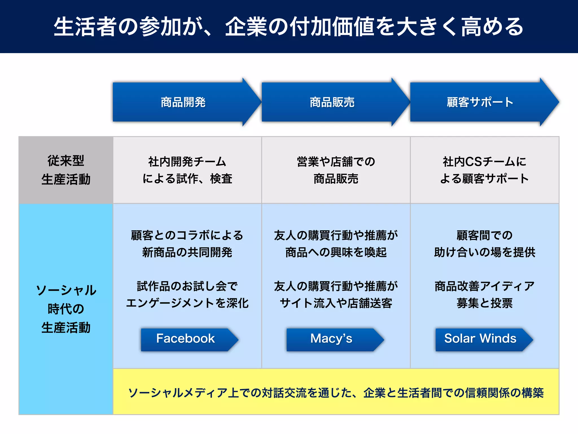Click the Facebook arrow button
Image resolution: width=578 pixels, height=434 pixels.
[x=186, y=339]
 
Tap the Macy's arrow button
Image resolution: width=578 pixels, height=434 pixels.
[x=332, y=339]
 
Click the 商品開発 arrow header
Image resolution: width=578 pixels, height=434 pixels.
[x=183, y=102]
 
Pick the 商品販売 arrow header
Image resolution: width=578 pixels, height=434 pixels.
[x=332, y=102]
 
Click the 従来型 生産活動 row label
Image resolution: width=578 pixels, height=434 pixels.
[x=66, y=170]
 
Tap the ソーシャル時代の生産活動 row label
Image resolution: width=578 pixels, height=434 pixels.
[x=66, y=309]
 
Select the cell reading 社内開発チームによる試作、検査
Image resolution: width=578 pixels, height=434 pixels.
[x=187, y=170]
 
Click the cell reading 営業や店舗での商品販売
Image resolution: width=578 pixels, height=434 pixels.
[x=336, y=170]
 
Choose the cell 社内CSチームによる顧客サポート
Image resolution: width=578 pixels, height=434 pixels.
[x=485, y=170]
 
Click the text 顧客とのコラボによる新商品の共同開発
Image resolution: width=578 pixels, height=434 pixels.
[x=187, y=244]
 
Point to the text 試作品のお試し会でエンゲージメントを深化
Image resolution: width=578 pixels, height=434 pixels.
[x=187, y=295]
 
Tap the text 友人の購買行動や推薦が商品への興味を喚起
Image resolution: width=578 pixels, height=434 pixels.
[x=336, y=244]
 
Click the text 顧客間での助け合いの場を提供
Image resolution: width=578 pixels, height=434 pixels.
[x=485, y=244]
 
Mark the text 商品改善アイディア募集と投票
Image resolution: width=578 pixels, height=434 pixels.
[x=485, y=295]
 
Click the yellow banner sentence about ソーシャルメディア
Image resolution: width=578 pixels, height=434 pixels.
[x=336, y=393]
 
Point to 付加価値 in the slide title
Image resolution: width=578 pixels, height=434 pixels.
[x=332, y=27]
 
